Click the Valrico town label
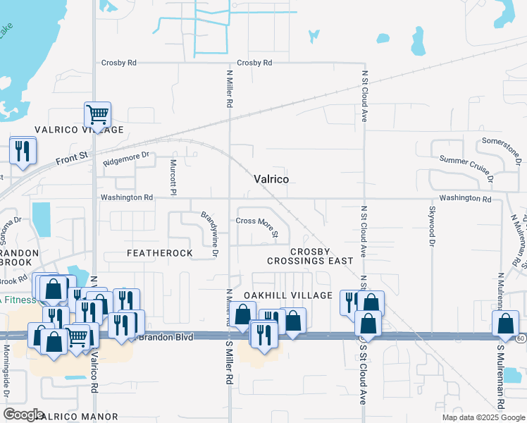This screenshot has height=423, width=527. pyautogui.click(x=271, y=180)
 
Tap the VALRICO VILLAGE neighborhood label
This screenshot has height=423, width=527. pyautogui.click(x=80, y=130)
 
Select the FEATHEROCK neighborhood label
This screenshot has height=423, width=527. pyautogui.click(x=159, y=252)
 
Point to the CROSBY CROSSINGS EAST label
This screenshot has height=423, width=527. pyautogui.click(x=310, y=256)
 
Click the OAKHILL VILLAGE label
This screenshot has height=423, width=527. pyautogui.click(x=287, y=295)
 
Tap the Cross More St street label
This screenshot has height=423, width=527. pyautogui.click(x=257, y=226)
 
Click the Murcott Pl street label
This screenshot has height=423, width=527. pyautogui.click(x=173, y=176)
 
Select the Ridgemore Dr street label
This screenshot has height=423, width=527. pyautogui.click(x=127, y=159)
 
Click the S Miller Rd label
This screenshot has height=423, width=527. pyautogui.click(x=229, y=362)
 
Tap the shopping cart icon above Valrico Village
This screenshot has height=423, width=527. pyautogui.click(x=97, y=114)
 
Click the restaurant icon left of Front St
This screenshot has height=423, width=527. pyautogui.click(x=22, y=151)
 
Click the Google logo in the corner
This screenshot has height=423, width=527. pyautogui.click(x=24, y=415)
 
